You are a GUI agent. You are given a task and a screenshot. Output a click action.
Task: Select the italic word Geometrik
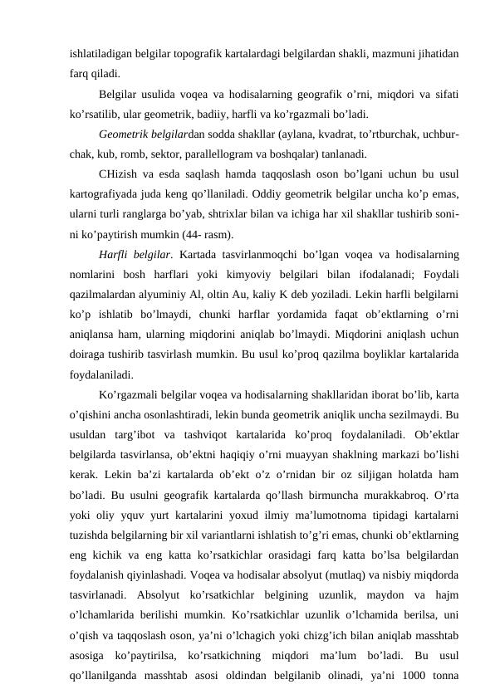point(121,134)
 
